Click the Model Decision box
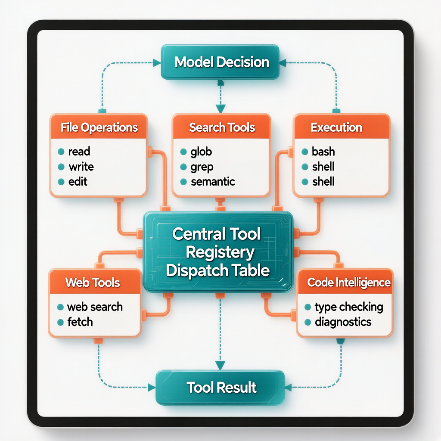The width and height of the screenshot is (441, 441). (x=220, y=62)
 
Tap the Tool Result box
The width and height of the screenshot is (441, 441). (x=220, y=387)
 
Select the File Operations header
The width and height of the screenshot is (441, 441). (x=99, y=127)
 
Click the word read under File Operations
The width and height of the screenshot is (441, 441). (x=79, y=152)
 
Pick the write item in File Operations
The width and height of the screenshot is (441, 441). (x=81, y=167)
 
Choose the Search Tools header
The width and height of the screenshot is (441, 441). (x=221, y=127)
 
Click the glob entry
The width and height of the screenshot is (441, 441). (x=201, y=152)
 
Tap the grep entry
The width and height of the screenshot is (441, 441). (x=202, y=167)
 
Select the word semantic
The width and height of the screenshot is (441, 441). (x=213, y=182)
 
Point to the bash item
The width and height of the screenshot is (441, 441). (x=323, y=152)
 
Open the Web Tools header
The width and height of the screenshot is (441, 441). (x=93, y=283)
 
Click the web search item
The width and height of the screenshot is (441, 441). (x=95, y=307)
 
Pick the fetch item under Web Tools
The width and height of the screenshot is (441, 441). (x=80, y=322)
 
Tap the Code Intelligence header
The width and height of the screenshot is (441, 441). (x=349, y=283)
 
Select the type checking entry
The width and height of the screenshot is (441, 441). (x=349, y=307)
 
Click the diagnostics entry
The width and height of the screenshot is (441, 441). (x=343, y=322)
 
